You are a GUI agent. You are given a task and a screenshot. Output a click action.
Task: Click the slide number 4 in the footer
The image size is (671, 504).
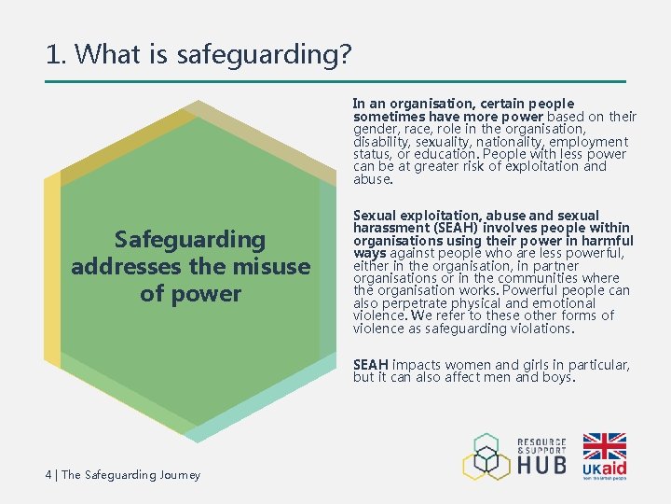click(48, 475)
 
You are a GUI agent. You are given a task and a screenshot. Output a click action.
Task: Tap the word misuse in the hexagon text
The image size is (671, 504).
click(271, 266)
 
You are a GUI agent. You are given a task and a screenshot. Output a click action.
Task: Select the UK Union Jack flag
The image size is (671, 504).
click(604, 446)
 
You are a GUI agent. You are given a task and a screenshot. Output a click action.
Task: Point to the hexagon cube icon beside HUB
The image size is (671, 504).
click(486, 456)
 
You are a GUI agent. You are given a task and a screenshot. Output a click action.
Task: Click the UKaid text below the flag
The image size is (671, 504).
click(604, 468)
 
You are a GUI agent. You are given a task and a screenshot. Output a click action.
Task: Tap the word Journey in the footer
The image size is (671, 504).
click(180, 475)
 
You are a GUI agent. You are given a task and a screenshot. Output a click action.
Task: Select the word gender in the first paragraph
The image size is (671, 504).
click(375, 129)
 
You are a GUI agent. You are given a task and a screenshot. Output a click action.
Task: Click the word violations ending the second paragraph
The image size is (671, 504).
click(538, 329)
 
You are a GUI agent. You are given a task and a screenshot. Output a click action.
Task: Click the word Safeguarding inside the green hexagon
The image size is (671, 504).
click(190, 240)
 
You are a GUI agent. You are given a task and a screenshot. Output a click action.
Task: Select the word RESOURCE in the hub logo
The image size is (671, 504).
click(542, 441)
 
